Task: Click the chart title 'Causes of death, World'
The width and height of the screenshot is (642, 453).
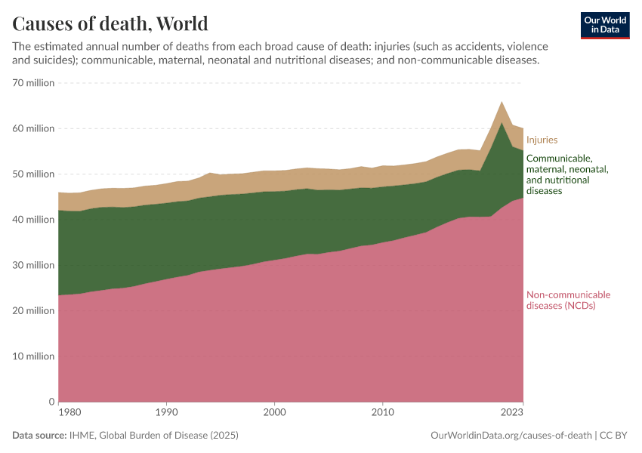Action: [x=110, y=23]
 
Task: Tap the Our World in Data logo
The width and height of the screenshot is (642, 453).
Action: [x=604, y=25]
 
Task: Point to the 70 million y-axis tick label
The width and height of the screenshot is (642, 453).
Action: [x=33, y=83]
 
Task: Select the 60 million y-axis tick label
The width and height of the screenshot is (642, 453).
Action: [x=33, y=128]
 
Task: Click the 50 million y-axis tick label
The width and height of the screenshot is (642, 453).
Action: [x=33, y=174]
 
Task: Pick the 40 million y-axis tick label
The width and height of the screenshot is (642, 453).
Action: [x=33, y=220]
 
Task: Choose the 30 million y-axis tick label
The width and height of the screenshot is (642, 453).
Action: [x=33, y=265]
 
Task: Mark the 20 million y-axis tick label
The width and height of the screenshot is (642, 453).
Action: [x=33, y=310]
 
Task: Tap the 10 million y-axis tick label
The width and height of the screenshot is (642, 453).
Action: [x=33, y=356]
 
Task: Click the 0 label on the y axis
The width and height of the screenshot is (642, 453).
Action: [x=51, y=402]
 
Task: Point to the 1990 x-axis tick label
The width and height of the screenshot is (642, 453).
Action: [x=166, y=413]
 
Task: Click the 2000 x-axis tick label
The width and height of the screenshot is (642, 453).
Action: [x=274, y=413]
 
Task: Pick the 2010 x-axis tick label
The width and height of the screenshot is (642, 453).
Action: [x=382, y=413]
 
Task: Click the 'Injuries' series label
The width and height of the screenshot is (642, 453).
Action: [x=542, y=140]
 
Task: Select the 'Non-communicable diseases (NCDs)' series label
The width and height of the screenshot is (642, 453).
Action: [x=567, y=300]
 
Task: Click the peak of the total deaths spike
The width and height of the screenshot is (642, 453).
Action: [x=502, y=102]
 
